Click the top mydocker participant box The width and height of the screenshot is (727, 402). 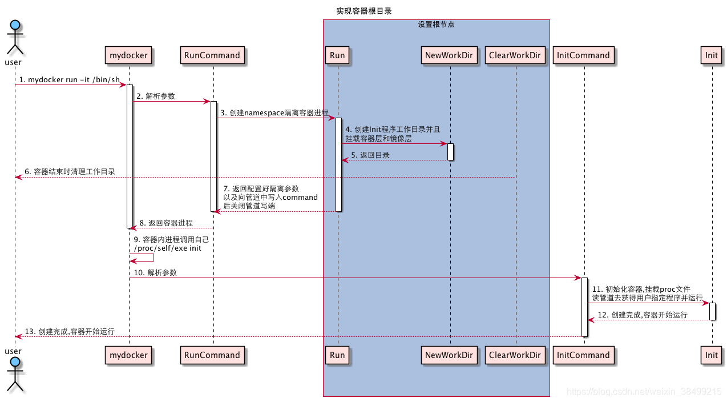[x=128, y=55]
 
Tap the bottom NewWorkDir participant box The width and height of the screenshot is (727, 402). [x=450, y=355]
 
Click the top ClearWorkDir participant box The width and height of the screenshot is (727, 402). [x=515, y=55]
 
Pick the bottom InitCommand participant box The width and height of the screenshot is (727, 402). [x=583, y=355]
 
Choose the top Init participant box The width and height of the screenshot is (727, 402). [x=711, y=55]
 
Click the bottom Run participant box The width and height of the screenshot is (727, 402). [x=337, y=355]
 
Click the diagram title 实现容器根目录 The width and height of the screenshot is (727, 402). [x=363, y=11]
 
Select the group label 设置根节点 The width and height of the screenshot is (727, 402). [x=436, y=25]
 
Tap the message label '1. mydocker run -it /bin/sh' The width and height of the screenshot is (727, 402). [x=70, y=79]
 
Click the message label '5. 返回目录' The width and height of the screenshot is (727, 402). [x=370, y=155]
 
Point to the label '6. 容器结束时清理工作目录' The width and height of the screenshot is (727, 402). [x=70, y=171]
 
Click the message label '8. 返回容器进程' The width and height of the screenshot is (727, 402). [x=166, y=223]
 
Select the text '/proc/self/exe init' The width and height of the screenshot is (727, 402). [x=168, y=248]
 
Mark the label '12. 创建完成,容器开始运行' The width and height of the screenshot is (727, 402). [x=642, y=315]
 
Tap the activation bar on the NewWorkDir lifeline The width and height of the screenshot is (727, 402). [x=450, y=151]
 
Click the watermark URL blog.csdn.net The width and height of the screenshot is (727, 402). [x=639, y=392]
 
